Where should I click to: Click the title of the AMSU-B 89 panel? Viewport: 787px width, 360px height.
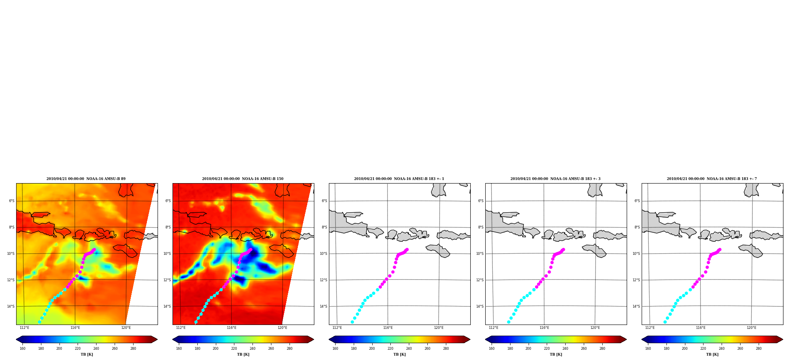(x=86, y=179)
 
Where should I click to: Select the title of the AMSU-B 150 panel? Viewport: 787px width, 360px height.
(x=243, y=179)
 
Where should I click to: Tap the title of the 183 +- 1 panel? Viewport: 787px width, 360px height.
(x=399, y=179)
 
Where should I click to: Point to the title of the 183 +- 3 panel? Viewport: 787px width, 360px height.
(x=555, y=179)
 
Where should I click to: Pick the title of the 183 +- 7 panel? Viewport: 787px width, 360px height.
(x=712, y=179)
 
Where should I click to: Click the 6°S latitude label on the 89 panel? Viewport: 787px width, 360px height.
(x=12, y=201)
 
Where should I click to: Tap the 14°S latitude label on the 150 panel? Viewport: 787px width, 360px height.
(x=167, y=306)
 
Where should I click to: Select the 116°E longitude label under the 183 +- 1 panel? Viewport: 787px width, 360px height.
(x=388, y=328)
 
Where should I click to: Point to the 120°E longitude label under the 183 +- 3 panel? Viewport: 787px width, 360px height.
(x=595, y=328)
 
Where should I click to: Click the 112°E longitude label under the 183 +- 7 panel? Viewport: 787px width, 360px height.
(x=650, y=328)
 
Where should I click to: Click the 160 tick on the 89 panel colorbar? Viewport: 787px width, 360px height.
(x=22, y=349)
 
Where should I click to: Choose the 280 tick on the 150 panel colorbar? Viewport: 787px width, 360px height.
(x=290, y=349)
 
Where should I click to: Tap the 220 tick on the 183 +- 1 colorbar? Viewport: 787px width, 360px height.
(x=390, y=349)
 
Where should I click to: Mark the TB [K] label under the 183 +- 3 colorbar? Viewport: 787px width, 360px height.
(x=556, y=354)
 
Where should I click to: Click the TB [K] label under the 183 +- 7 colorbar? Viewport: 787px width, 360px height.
(x=712, y=354)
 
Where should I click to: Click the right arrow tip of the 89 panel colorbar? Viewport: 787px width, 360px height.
(x=157, y=340)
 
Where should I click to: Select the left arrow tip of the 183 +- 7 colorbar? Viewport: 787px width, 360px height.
(x=642, y=340)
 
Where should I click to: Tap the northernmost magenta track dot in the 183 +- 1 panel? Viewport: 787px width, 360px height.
(x=407, y=250)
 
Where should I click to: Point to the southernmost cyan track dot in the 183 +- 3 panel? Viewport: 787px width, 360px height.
(x=509, y=322)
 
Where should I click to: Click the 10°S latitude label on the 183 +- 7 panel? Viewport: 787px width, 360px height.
(x=636, y=254)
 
